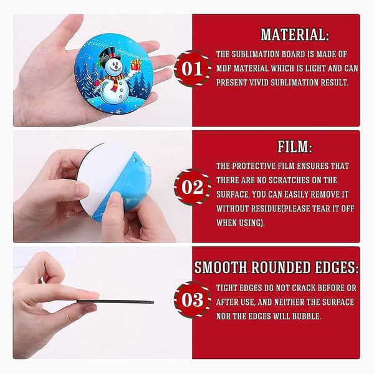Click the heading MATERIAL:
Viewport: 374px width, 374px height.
click(x=295, y=34)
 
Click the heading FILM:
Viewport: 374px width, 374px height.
click(x=295, y=146)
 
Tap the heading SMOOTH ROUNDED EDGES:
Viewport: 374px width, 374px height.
click(x=276, y=267)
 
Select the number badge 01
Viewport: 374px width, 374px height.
click(x=192, y=69)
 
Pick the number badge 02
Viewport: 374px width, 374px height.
click(x=192, y=187)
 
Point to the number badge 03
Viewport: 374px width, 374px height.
click(x=192, y=300)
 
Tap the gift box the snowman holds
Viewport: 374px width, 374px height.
click(x=136, y=65)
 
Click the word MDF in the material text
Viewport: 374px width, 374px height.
click(x=224, y=69)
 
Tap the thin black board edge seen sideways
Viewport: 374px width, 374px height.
click(x=115, y=302)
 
